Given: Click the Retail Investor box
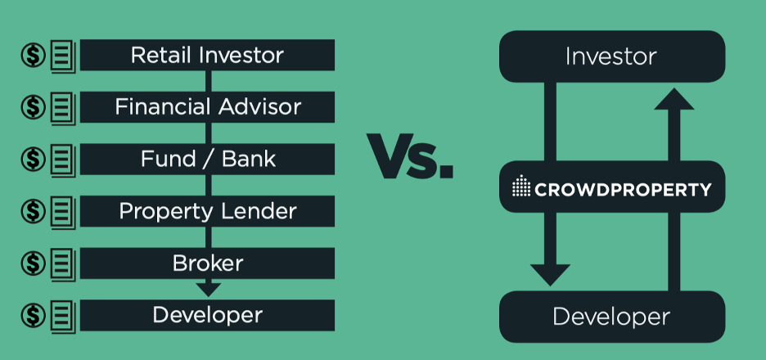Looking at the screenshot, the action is [x=207, y=55].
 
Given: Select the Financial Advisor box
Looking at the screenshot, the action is [x=207, y=107].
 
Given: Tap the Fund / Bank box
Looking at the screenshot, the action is [x=207, y=160].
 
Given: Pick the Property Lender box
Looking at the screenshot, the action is [x=207, y=211].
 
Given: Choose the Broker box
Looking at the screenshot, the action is [x=207, y=263].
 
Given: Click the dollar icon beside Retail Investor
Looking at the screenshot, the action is [x=34, y=56].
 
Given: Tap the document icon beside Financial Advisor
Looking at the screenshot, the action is [x=63, y=108].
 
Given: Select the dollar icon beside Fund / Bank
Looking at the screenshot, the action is [x=34, y=160].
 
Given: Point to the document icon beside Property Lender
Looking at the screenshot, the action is [x=63, y=212].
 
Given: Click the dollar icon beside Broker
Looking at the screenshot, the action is [x=34, y=263].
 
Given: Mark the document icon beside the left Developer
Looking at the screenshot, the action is [x=63, y=316].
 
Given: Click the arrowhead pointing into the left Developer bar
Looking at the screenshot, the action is [x=209, y=289].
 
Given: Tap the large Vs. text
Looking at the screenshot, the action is [x=410, y=155].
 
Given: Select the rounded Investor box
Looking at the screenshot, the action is [x=612, y=56].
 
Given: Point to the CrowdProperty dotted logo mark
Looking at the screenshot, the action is [x=521, y=186].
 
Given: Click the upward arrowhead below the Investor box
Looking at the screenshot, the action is [x=674, y=99].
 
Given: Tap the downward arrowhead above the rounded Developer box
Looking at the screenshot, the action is [x=550, y=275].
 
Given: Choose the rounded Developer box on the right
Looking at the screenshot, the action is [x=612, y=317].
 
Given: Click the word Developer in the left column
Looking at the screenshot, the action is [x=208, y=316].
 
